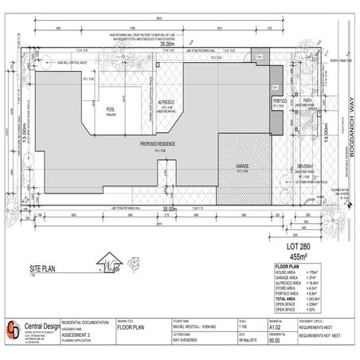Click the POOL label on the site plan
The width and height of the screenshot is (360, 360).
pyautogui.click(x=112, y=110)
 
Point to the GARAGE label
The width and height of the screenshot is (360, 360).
pyautogui.click(x=242, y=166)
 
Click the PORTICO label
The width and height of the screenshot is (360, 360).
pyautogui.click(x=280, y=102)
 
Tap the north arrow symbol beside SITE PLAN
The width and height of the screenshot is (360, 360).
pyautogui.click(x=108, y=263)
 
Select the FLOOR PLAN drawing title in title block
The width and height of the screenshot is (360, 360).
pyautogui.click(x=131, y=326)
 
